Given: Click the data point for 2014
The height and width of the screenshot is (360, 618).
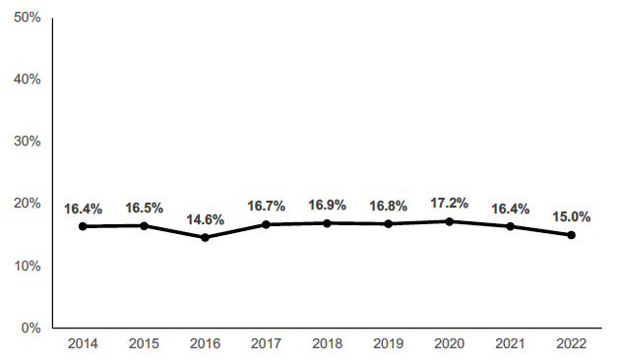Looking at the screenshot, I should [83, 226].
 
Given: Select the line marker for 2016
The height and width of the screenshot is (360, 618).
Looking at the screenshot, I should [205, 237].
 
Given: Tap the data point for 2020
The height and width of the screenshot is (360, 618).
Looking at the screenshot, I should [449, 221].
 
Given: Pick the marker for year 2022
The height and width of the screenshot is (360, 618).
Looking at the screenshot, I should [571, 235].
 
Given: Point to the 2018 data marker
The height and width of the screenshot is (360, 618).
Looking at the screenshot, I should [327, 223].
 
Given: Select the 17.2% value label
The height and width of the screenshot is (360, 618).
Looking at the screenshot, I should [449, 203].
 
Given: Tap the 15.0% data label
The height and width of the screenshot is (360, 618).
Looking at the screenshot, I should [571, 216].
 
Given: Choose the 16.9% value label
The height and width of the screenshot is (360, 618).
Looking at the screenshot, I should [327, 206].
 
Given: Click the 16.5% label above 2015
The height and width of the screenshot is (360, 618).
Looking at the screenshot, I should [144, 208].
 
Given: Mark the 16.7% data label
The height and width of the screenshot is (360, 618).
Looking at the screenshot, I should [266, 206].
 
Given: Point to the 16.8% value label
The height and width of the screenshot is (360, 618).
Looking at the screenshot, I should [388, 206].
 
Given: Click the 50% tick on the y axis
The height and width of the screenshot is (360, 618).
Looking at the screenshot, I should [27, 17].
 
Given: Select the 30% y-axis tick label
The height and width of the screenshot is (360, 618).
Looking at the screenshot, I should [27, 141].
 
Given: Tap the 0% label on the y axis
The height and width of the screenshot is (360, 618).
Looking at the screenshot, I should [31, 328].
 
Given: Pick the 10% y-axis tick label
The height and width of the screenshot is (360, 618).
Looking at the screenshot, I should [27, 266].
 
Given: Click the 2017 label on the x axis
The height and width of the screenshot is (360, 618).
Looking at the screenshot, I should [266, 343].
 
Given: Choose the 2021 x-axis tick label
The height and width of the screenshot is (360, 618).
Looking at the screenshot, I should [510, 343].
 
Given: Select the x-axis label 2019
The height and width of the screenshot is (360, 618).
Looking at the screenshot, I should [388, 343].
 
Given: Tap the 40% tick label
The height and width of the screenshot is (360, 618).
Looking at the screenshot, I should [27, 79].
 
